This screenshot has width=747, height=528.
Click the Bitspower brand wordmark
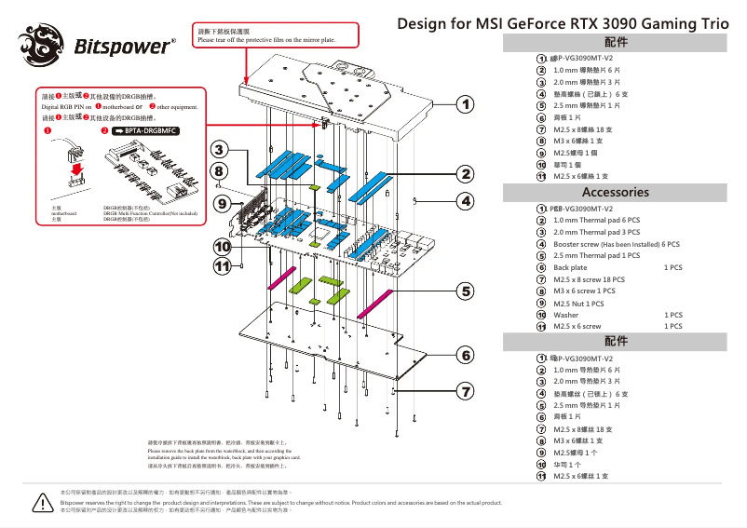pyautogui.click(x=125, y=46)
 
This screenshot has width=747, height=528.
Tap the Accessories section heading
pyautogui.click(x=615, y=192)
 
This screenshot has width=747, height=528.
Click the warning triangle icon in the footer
pyautogui.click(x=42, y=502)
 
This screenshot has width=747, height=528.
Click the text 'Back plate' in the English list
pyautogui.click(x=570, y=267)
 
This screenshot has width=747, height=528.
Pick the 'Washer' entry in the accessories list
pyautogui.click(x=565, y=315)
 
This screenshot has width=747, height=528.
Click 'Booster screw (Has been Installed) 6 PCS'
pyautogui.click(x=616, y=244)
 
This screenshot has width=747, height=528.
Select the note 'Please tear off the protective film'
pyautogui.click(x=265, y=40)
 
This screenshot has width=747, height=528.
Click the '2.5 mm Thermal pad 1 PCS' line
pyautogui.click(x=596, y=255)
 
